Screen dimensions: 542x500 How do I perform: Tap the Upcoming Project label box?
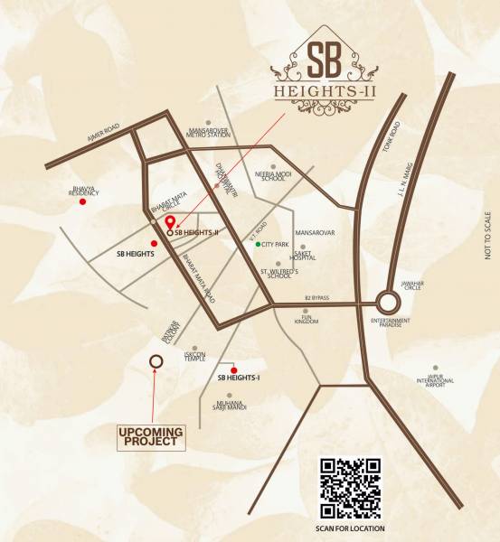[x=152, y=438]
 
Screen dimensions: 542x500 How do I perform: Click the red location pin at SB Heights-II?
[x=169, y=222]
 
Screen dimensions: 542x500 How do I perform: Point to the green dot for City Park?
[x=258, y=245]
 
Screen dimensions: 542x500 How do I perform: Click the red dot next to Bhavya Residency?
[x=82, y=202]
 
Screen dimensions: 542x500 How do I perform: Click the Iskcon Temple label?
[x=195, y=356]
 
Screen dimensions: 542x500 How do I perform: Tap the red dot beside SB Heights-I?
[x=233, y=370]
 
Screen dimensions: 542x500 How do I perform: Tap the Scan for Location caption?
[x=352, y=528]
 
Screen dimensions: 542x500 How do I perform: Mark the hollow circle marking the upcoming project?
[x=156, y=360]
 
